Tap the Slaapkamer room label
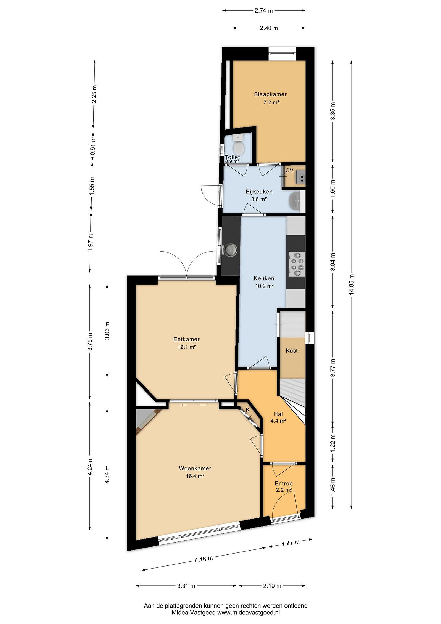pyautogui.click(x=270, y=94)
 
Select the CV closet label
pyautogui.click(x=289, y=170)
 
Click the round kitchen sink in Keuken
pyautogui.click(x=231, y=249)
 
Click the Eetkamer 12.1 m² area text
pyautogui.click(x=187, y=347)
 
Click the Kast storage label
pyautogui.click(x=292, y=351)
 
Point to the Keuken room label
pyautogui.click(x=264, y=278)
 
